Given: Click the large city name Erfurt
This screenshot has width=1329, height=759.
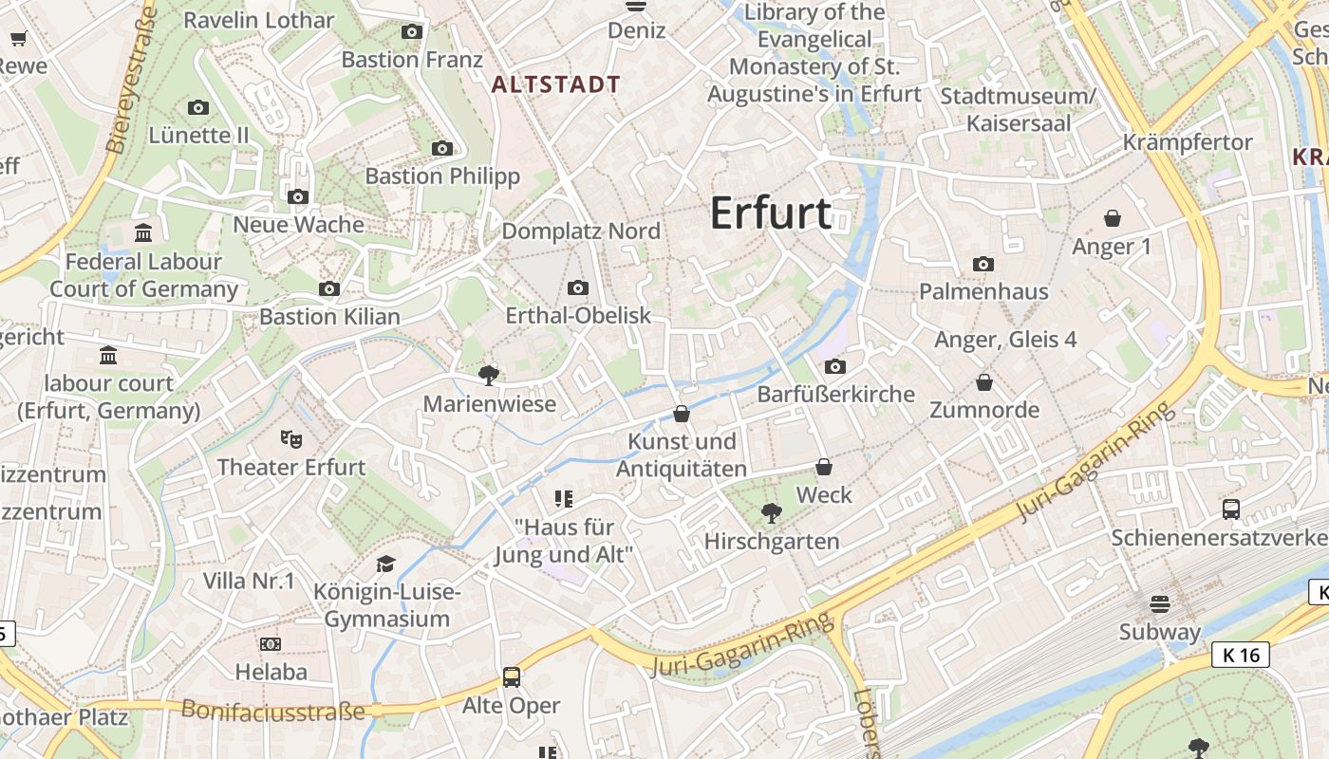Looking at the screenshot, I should pos(771,213).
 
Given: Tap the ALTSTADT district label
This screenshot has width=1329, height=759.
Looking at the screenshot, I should pos(556,84).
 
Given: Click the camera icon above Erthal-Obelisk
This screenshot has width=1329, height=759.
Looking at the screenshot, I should pos(577,288).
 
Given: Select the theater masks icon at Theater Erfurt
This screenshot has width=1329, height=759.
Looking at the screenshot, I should pos(290,438).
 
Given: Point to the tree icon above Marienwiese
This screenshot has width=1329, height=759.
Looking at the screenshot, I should pos(489,376).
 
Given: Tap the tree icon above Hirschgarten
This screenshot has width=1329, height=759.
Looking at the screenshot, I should pos(771,513).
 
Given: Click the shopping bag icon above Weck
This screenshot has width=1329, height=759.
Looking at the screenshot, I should pos(824,467).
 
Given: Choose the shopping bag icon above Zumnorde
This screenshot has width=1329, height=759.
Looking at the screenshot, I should pos(984,382).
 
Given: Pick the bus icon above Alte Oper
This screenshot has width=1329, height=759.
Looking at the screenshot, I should pos(512,677).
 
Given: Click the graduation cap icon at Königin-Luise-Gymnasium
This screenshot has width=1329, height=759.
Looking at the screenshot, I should pos(384,565).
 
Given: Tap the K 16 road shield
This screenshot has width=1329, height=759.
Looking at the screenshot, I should pos(1241,655).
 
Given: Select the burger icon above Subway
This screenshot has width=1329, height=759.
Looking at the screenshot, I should pos(1159,604).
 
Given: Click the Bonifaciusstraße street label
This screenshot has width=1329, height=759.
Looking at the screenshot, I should pos(272,710).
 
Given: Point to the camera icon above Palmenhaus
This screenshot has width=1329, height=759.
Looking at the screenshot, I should pos(983,264).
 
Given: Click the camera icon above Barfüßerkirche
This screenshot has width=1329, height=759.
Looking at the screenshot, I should pos(835,366).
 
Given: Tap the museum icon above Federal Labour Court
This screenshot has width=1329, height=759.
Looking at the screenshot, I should pos(143,232).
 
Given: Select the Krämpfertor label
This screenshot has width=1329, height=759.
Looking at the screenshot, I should pos(1188,142).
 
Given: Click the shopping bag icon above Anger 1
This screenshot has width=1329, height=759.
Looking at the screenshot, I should pos(1113,219).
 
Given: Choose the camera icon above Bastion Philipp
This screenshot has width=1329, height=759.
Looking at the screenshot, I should pos(442,148).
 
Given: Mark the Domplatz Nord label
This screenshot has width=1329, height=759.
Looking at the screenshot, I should pos(581,231).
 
